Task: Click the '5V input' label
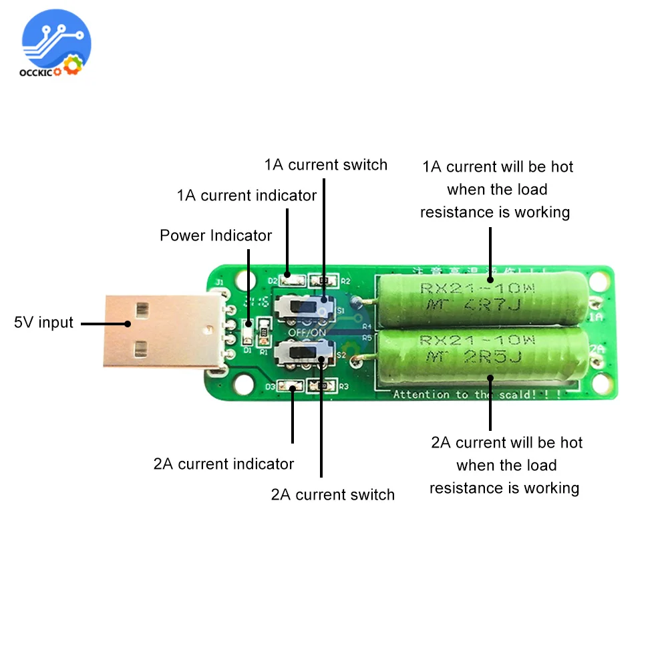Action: coord(43,323)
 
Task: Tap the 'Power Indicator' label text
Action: coord(216,236)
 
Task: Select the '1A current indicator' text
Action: coord(246,196)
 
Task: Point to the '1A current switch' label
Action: coord(325,165)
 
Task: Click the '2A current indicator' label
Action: coord(224,464)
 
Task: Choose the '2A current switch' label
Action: coord(333,495)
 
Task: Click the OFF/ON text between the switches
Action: coord(308,331)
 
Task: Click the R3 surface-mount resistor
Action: coord(323,386)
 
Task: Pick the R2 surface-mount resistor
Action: coord(325,282)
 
